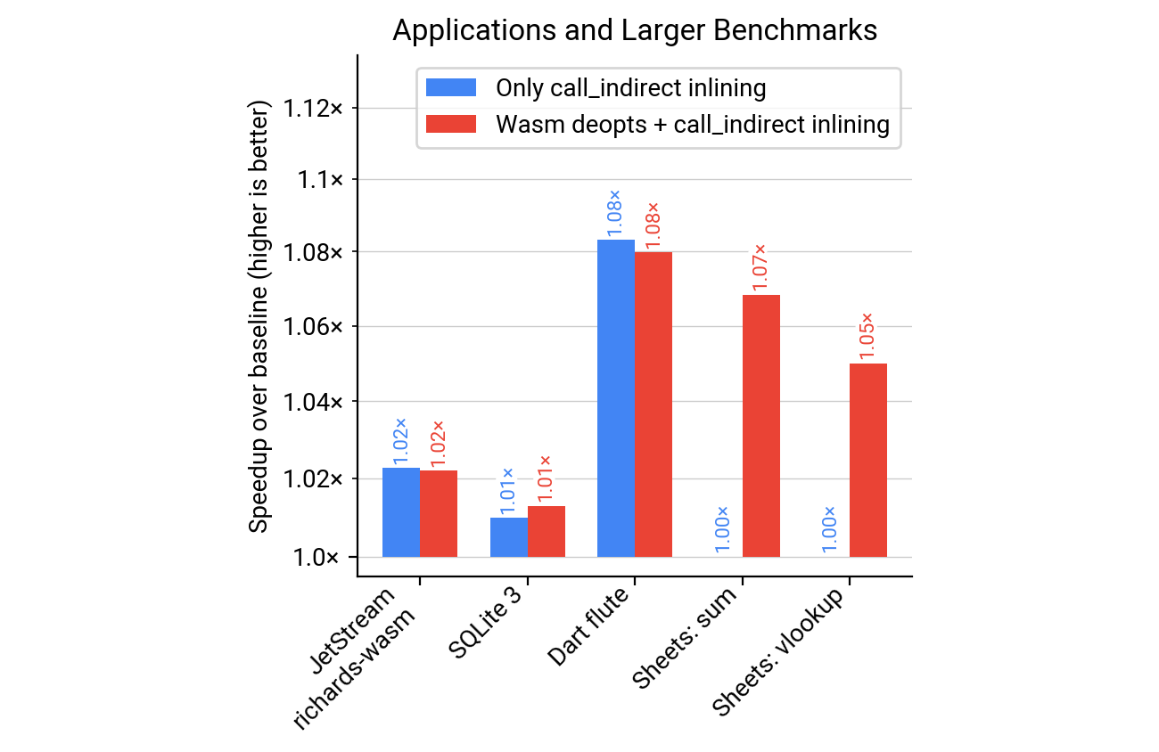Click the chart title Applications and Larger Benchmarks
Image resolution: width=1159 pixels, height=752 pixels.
point(635,30)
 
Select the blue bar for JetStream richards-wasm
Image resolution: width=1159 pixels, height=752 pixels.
point(401,512)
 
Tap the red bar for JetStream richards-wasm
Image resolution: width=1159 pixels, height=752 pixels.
point(439,514)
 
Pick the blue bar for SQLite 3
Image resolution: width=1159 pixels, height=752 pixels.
point(509,537)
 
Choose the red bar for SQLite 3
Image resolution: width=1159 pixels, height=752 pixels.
point(547,532)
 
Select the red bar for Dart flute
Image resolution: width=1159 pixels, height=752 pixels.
point(653,405)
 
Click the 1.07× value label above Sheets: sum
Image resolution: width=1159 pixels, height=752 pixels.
point(760,266)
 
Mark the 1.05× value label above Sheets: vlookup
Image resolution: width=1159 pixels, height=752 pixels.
point(867,335)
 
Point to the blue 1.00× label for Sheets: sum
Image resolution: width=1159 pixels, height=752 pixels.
point(723,529)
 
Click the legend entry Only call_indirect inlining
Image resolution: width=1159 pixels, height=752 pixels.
point(630,87)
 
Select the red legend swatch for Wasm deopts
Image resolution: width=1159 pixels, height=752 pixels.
point(452,124)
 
